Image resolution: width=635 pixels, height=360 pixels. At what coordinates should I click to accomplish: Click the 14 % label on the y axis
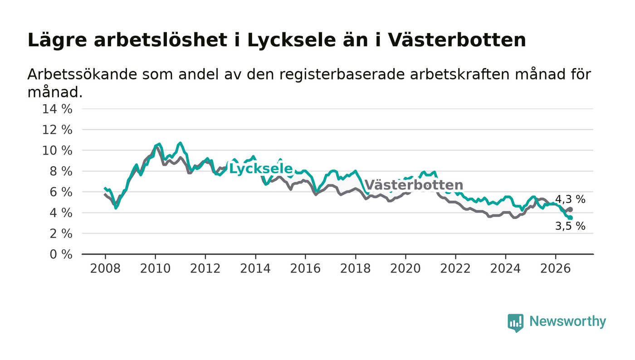tap(57, 109)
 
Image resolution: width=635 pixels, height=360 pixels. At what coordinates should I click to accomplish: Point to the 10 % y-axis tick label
tap(57, 151)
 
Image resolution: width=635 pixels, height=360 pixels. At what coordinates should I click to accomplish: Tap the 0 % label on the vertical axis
tap(61, 254)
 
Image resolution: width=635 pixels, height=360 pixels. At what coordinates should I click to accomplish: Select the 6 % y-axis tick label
tap(61, 192)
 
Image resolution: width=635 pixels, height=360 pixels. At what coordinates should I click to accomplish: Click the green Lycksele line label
tap(261, 169)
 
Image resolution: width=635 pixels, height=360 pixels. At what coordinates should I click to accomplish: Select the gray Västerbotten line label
tap(414, 185)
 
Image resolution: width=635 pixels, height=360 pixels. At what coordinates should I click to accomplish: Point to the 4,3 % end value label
tap(570, 199)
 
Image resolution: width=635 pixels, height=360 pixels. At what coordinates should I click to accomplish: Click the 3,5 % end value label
tap(570, 226)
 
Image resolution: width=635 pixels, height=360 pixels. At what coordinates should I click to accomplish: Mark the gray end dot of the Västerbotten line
tap(571, 209)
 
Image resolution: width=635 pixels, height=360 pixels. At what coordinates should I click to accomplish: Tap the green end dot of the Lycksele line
tap(571, 218)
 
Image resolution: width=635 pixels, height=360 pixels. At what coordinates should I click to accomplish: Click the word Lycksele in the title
tap(291, 40)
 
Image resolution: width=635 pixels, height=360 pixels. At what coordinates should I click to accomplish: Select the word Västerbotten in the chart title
tap(457, 40)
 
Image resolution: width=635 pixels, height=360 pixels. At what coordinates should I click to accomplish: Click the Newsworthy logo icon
tap(515, 323)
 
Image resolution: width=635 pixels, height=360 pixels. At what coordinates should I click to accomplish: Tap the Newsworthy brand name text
tap(567, 322)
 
